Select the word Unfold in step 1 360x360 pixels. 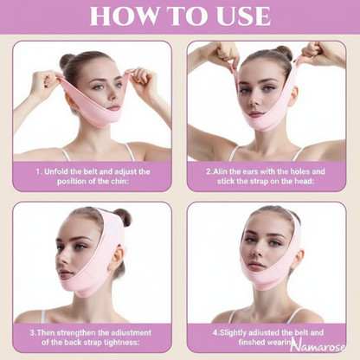tap(67, 171)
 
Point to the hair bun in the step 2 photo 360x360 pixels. tap(283, 53)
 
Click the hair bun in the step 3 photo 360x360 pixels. tap(120, 217)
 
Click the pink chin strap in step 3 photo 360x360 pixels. tap(91, 277)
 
